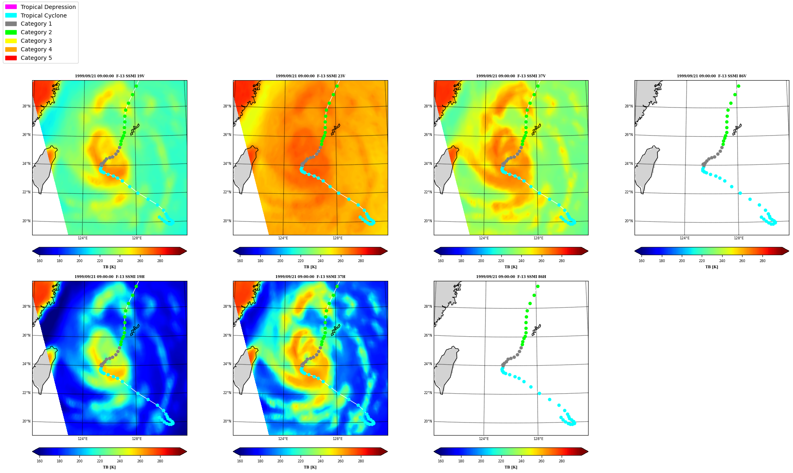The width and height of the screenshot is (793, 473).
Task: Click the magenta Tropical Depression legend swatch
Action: coord(11,7)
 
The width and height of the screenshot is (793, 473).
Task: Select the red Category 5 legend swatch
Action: coord(11,58)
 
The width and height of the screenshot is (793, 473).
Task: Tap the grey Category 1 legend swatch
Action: coord(11,24)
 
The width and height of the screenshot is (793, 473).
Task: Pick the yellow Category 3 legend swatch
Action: coord(11,41)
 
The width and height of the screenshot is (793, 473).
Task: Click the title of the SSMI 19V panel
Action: coord(110,76)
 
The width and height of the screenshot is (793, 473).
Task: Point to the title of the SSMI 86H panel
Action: coord(511,277)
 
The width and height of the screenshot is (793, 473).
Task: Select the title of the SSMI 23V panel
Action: coord(310,76)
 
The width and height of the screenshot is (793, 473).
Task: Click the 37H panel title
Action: coord(310,277)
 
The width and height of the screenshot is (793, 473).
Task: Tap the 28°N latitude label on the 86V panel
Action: coord(629,107)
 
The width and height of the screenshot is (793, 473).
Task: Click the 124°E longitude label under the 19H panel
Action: coord(83,439)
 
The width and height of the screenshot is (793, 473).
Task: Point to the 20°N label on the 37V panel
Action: coord(428,221)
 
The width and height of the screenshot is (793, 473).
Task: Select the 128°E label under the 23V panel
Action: coord(338,238)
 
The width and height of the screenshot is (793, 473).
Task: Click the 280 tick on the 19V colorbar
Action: coord(160,261)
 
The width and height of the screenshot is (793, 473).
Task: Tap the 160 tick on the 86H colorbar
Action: coord(441,461)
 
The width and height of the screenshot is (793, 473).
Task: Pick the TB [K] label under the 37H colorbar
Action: coord(310,467)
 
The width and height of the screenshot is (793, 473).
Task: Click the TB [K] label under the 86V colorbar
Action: coord(712,267)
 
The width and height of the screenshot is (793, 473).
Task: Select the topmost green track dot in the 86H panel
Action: coord(538,287)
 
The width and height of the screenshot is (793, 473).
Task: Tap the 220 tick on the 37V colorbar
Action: coord(501,261)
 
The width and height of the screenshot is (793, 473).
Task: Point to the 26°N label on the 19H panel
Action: coord(26,336)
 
